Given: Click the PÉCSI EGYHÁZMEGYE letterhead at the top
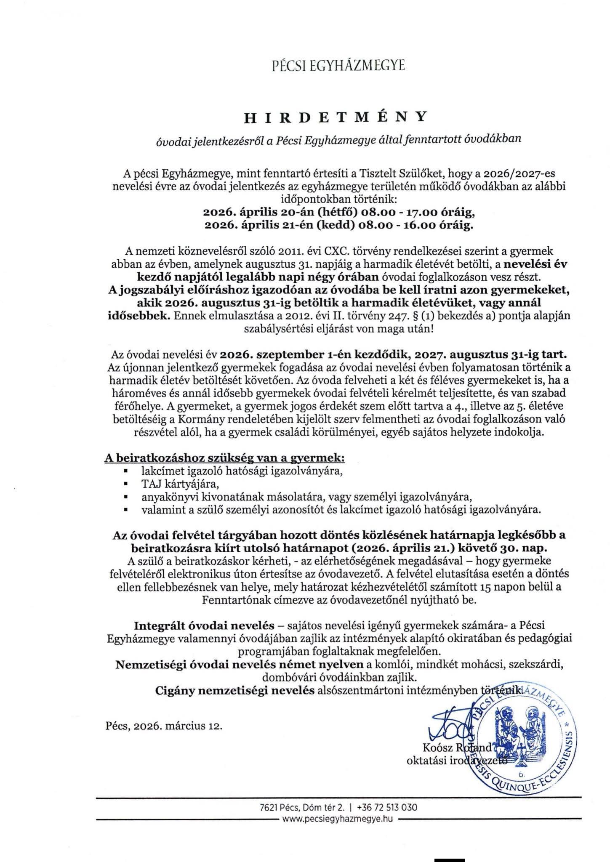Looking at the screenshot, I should pos(338,66).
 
